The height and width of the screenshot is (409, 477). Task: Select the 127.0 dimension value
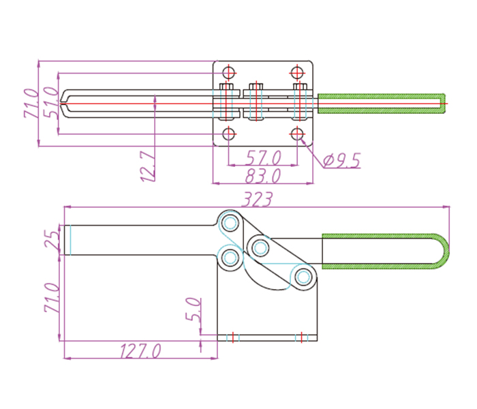140,350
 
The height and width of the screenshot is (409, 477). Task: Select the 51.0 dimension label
50,103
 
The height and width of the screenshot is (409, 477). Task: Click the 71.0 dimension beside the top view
31,103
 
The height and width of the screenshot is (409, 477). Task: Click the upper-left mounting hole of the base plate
229,72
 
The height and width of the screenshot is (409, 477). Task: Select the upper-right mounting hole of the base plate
296,72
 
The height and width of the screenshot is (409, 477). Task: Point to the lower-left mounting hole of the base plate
229,134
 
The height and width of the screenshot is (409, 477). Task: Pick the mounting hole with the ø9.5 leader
296,134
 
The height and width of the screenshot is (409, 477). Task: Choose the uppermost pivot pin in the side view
230,223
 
